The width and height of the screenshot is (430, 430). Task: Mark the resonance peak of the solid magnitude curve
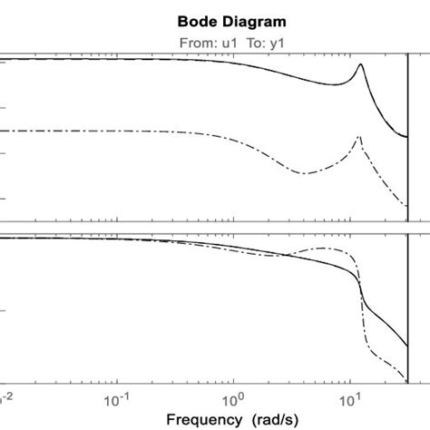pyautogui.click(x=361, y=64)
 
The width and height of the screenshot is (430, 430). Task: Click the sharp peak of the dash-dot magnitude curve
pyautogui.click(x=360, y=137)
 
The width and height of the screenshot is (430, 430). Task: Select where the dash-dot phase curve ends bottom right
pyautogui.click(x=406, y=380)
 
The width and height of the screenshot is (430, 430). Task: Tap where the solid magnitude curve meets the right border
pyautogui.click(x=406, y=138)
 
